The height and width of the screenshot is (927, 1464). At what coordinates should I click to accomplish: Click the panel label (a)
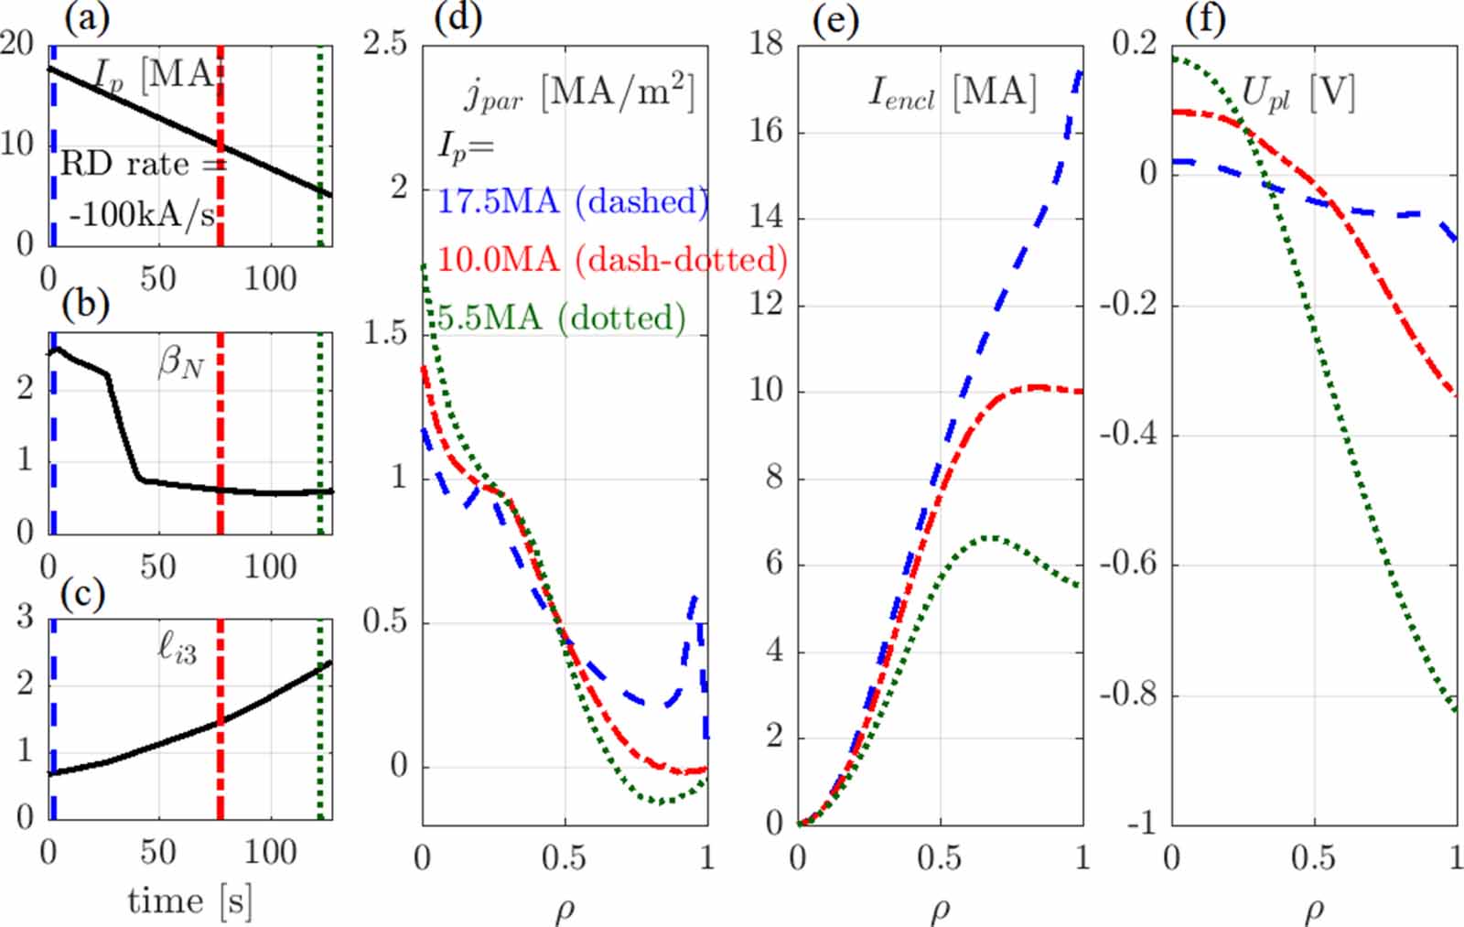(x=87, y=16)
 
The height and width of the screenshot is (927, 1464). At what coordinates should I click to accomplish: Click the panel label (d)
(x=457, y=16)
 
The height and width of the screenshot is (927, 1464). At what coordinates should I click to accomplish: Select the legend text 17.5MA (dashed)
(x=573, y=201)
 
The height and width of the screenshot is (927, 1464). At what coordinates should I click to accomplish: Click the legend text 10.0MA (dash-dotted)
(x=612, y=260)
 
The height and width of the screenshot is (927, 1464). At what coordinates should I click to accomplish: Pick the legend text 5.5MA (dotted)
(x=561, y=318)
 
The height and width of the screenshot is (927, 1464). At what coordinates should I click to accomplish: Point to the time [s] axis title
(x=189, y=901)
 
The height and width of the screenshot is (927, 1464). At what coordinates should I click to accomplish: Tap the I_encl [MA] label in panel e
(x=952, y=92)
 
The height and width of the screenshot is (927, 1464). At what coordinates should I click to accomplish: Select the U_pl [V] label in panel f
(x=1297, y=92)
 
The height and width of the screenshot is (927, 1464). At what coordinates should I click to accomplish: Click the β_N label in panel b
(x=180, y=363)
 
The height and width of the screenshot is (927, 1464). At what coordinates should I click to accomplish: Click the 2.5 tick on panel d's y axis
(x=385, y=42)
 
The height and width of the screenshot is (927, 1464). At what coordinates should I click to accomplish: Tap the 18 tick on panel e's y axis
(x=767, y=42)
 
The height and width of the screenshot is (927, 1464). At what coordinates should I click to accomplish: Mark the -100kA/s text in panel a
(x=142, y=216)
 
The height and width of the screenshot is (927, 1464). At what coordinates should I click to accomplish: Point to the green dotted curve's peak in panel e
(x=990, y=538)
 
